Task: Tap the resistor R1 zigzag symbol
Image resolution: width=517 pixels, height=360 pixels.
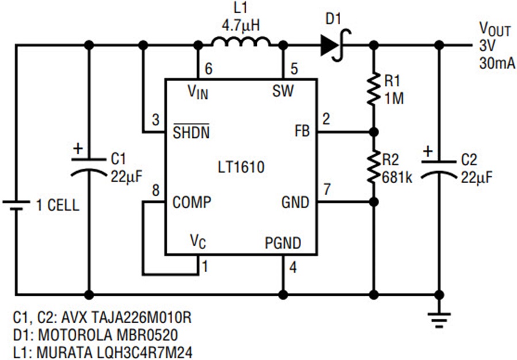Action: [x=373, y=89]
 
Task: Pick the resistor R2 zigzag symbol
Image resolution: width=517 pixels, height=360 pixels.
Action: [x=373, y=167]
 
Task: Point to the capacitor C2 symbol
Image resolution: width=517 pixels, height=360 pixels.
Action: [x=439, y=168]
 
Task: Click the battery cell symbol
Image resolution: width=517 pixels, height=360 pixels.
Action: [x=16, y=205]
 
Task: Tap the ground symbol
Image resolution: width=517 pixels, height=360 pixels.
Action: [x=439, y=320]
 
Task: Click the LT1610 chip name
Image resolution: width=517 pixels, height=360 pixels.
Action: [x=241, y=167]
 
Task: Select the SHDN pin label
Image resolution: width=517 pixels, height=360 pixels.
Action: [x=191, y=131]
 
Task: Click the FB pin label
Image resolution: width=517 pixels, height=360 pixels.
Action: [x=302, y=131]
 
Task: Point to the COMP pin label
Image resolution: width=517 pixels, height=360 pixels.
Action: [x=191, y=202]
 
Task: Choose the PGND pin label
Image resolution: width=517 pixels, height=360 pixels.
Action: [x=283, y=243]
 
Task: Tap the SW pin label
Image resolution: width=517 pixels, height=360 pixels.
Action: [x=283, y=91]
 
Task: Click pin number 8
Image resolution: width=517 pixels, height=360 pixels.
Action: [x=155, y=191]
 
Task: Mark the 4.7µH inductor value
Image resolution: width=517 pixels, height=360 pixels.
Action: [x=241, y=25]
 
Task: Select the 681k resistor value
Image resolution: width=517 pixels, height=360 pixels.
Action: [x=397, y=177]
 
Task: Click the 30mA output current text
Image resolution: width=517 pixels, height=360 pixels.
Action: [x=497, y=63]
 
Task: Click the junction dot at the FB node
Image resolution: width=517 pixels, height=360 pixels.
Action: [x=373, y=132]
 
